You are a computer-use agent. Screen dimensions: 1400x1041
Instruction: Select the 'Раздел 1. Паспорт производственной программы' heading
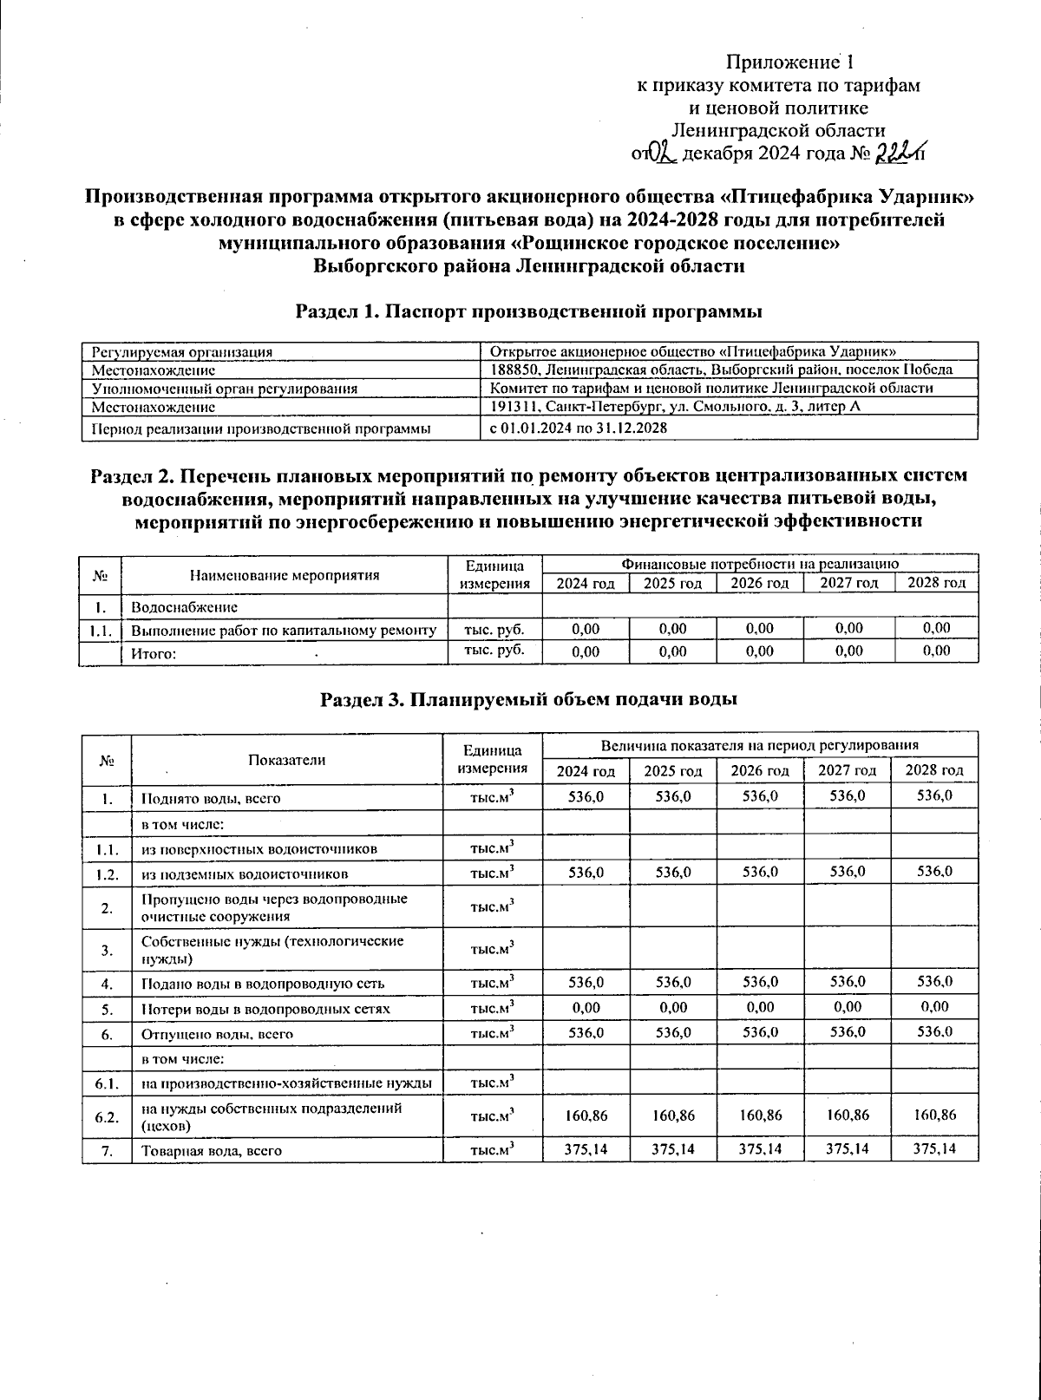click(x=529, y=311)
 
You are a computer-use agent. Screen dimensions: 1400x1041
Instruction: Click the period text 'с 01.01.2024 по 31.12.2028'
click(x=579, y=428)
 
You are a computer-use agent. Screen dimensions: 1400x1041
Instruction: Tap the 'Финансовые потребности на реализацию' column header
click(x=759, y=563)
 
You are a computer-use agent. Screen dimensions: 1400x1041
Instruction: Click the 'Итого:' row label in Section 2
click(x=154, y=654)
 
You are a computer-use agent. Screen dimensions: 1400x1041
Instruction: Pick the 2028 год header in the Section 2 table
click(x=936, y=584)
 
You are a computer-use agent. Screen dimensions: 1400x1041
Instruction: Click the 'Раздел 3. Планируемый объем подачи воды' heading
click(x=529, y=699)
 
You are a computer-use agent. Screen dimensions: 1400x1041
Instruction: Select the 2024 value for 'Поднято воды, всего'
click(x=586, y=796)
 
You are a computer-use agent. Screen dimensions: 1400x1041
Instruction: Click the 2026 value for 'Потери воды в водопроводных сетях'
click(x=760, y=1007)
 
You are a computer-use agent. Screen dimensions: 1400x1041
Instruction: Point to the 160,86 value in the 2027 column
click(x=848, y=1115)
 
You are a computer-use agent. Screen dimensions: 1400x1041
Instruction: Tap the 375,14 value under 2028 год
click(x=935, y=1149)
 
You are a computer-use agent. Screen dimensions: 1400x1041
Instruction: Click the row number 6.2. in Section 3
click(x=106, y=1116)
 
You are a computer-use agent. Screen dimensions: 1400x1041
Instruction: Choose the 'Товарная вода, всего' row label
click(x=213, y=1151)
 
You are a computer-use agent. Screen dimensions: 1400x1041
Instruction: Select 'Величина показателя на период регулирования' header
click(x=759, y=745)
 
